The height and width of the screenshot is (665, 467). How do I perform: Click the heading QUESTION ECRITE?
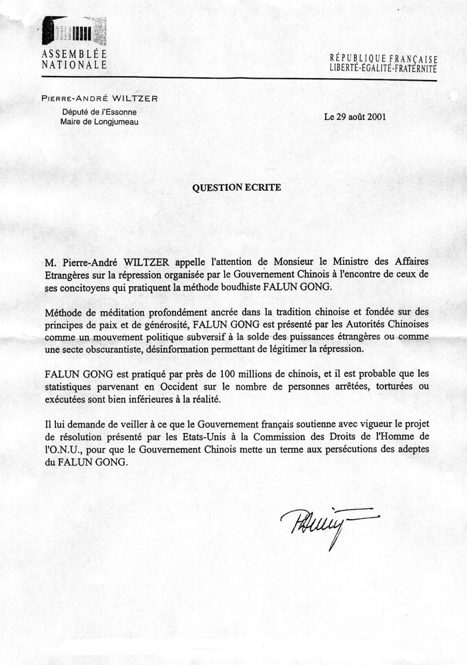(236, 187)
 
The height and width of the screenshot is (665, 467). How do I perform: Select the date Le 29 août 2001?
(355, 116)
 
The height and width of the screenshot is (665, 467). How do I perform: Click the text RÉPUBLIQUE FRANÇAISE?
(384, 59)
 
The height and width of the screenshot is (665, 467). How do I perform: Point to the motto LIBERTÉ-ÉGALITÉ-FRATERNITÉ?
(384, 69)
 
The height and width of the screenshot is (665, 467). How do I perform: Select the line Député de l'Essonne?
(99, 112)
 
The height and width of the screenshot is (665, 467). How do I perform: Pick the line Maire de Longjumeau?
(100, 122)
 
